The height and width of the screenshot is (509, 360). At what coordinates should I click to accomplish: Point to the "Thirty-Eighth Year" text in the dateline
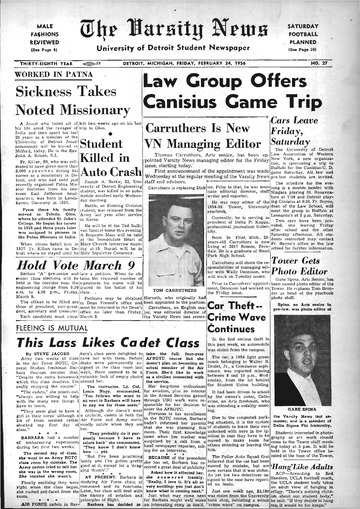coord(45,60)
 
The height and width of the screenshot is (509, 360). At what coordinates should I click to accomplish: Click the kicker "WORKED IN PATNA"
coord(45,75)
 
